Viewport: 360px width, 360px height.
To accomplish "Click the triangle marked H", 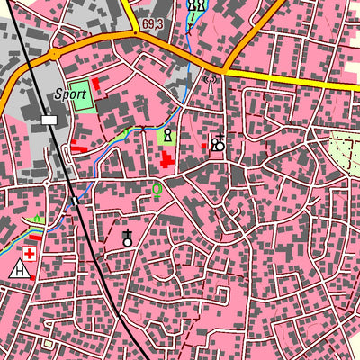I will click(20, 269).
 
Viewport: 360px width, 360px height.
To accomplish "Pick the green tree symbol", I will click(157, 190).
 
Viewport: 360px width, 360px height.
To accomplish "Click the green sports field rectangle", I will click(81, 95).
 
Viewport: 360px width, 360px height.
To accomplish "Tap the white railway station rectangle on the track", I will click(49, 119).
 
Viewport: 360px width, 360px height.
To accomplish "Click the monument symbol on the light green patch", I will click(167, 136).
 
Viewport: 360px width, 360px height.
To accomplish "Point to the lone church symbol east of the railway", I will click(128, 239).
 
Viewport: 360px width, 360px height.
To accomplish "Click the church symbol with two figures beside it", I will click(218, 142).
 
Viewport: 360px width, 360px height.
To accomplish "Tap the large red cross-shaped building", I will click(168, 162).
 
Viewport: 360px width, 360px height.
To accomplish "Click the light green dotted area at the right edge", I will click(346, 148).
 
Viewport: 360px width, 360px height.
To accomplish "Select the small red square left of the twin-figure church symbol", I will click(203, 146).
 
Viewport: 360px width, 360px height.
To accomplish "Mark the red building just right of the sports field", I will click(95, 84).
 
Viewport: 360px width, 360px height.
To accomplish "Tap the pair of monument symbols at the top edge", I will click(196, 4).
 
